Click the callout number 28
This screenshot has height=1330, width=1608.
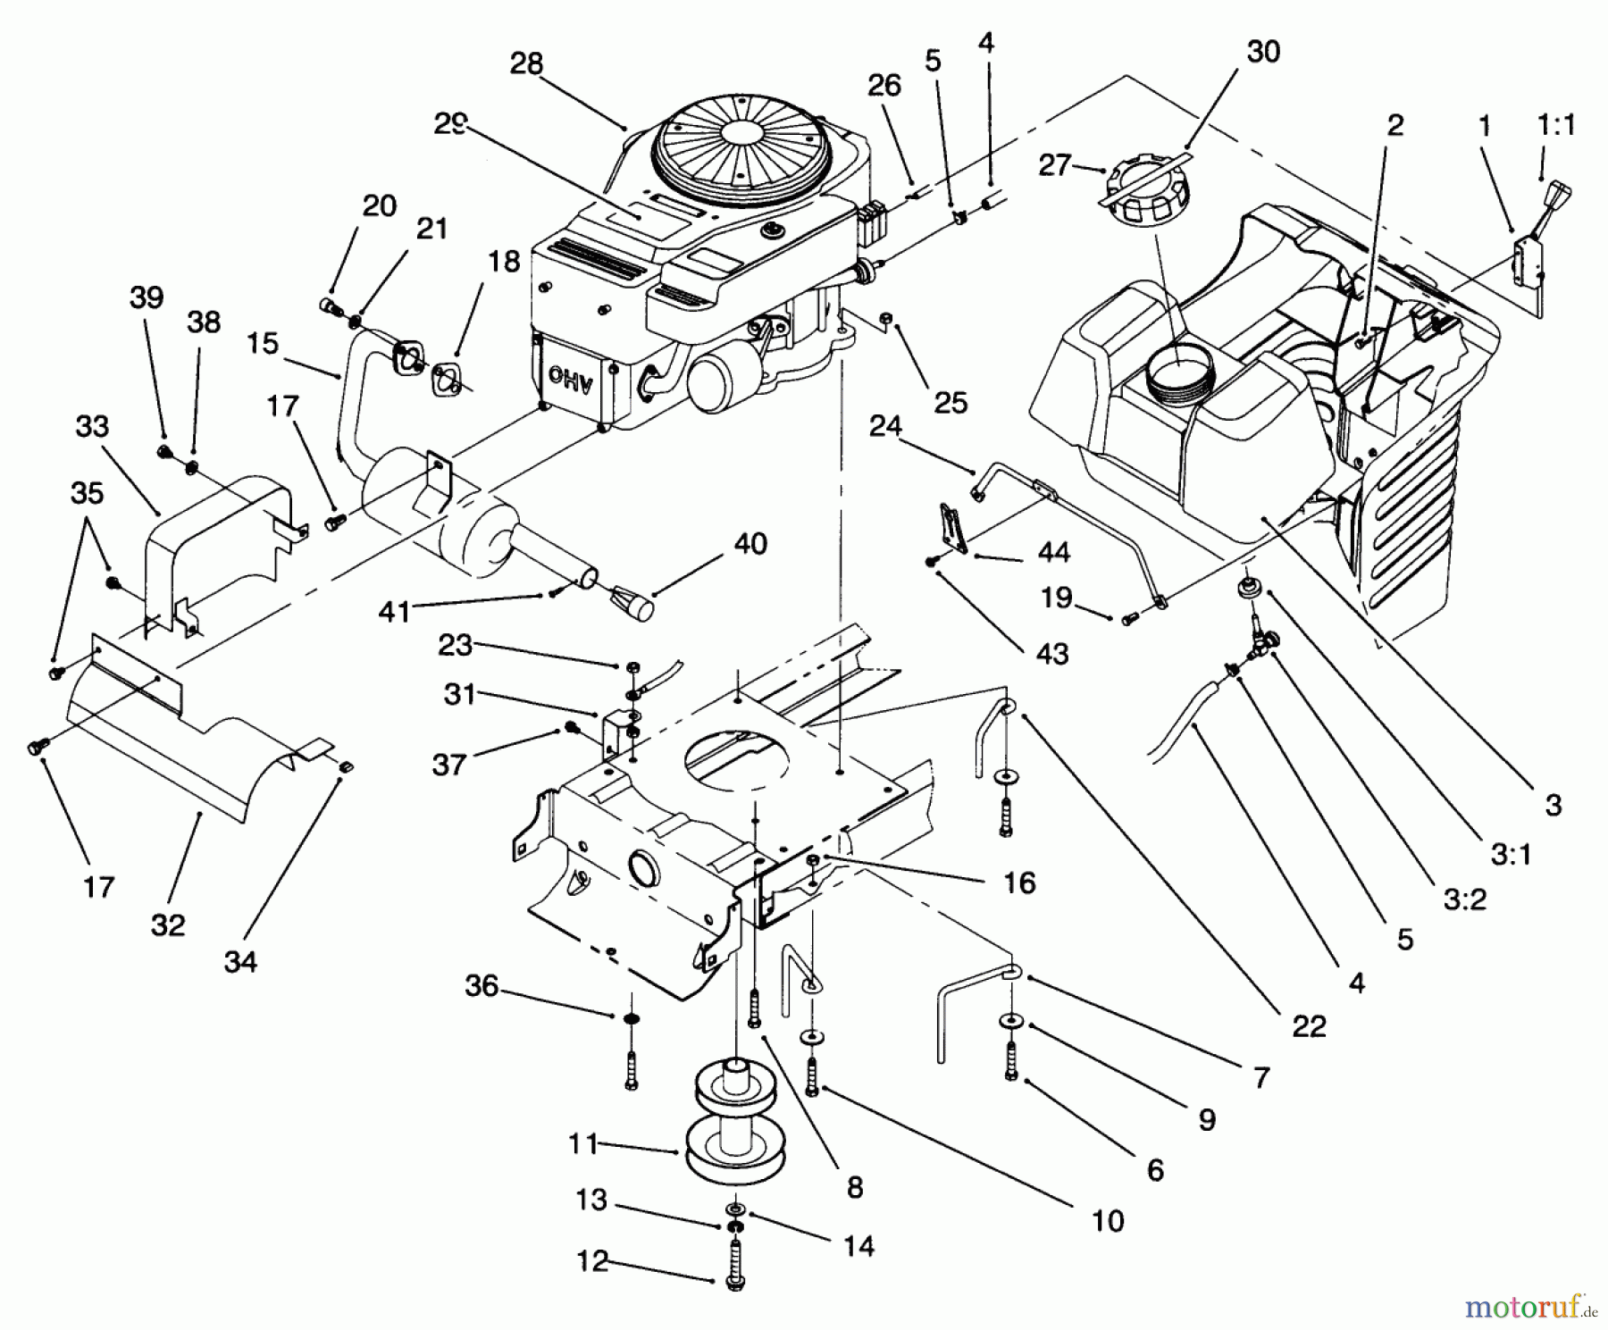(x=526, y=64)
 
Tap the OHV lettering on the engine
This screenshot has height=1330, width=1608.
(x=565, y=376)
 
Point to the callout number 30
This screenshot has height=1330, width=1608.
(x=1262, y=52)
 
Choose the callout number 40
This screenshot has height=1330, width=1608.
(x=750, y=543)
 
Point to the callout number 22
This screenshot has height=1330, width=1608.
(x=1309, y=1026)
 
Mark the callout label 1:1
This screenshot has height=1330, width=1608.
(x=1556, y=124)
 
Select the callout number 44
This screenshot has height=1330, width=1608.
(x=1053, y=553)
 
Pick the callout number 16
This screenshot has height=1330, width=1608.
(x=1019, y=882)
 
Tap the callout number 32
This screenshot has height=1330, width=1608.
(x=167, y=924)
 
